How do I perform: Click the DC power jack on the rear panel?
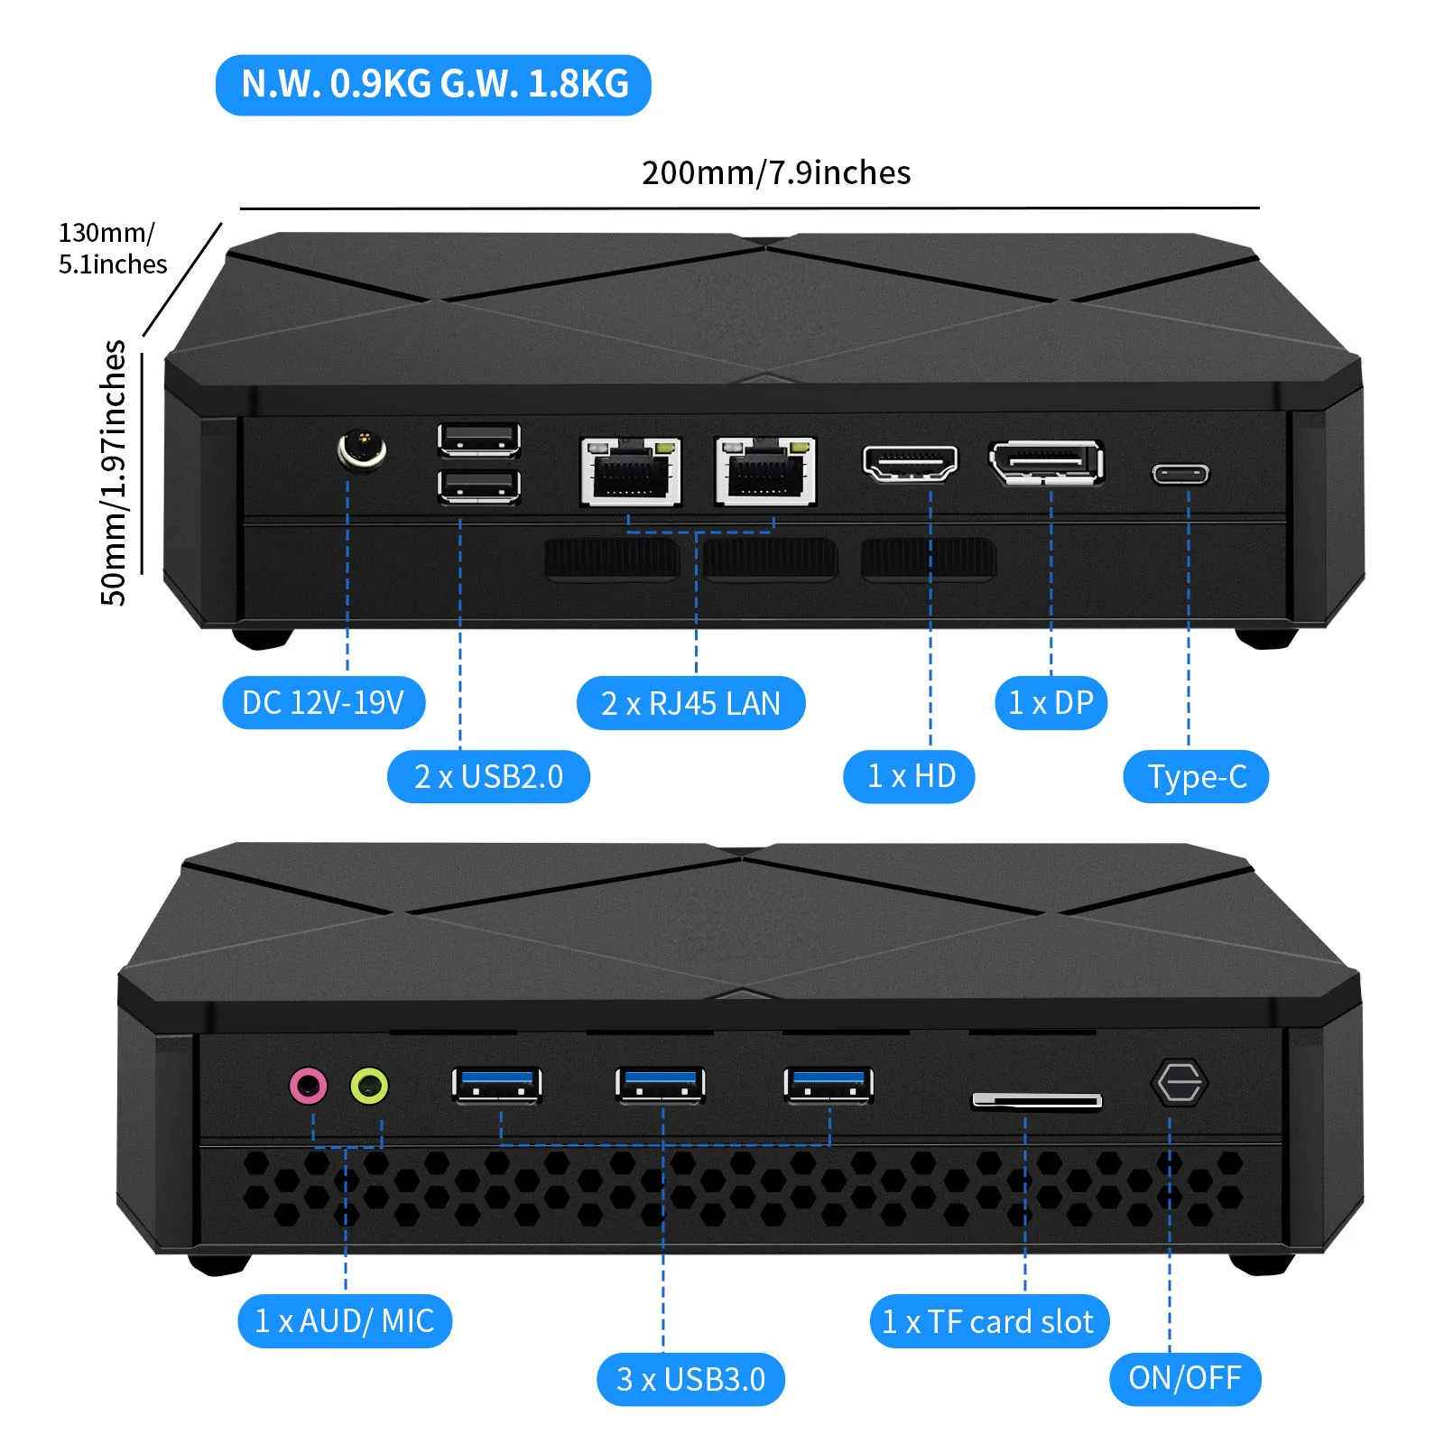(362, 449)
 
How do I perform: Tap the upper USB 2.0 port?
(479, 440)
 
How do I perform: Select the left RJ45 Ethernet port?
(631, 471)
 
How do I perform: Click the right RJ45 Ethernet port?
(766, 471)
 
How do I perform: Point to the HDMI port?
(910, 463)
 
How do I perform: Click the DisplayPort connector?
(1047, 463)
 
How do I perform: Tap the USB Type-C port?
(1180, 474)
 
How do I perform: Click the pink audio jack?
(308, 1085)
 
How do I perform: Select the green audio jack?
(369, 1085)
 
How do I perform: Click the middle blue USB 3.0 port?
(661, 1085)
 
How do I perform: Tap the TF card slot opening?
(1037, 1100)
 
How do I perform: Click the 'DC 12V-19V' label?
(323, 702)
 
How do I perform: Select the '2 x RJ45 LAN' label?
(690, 703)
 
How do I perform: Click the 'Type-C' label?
(1196, 776)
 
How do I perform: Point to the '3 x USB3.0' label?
(690, 1379)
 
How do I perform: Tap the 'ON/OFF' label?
(1185, 1378)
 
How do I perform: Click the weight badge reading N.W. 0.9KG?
(433, 85)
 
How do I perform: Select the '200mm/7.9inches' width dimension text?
(776, 172)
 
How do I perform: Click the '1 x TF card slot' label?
(989, 1321)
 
